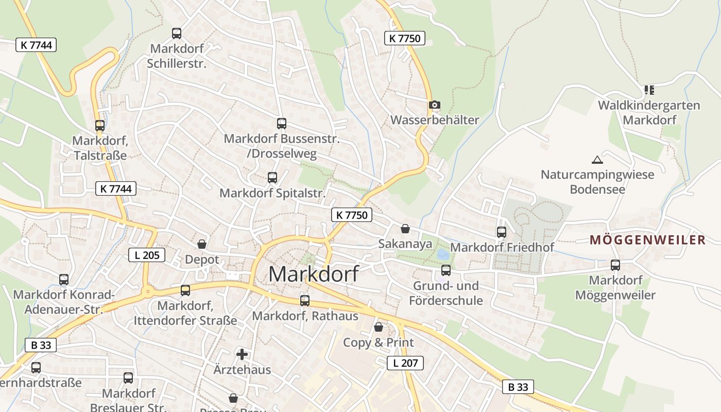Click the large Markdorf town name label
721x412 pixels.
pos(313,274)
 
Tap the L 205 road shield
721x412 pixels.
pos(147,254)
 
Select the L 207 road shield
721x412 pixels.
pos(405,363)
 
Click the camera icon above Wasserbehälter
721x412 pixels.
pos(435,105)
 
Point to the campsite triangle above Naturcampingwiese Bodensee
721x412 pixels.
pos(596,160)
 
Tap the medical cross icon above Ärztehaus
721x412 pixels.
pos(242,354)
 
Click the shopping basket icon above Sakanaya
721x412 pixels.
pos(405,229)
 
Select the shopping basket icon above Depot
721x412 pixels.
pos(202,244)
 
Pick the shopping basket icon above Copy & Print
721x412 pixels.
pos(379,327)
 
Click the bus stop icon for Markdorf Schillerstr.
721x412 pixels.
pos(177,33)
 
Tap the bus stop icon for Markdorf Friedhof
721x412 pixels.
pos(502,232)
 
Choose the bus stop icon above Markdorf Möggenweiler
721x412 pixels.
pos(615,265)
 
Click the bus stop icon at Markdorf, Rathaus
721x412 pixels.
pos(305,301)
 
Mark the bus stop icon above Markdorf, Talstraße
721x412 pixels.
pos(100,126)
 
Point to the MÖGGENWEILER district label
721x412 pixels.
pos(647,240)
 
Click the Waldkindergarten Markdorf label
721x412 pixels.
pos(649,113)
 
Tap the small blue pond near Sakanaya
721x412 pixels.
pos(442,254)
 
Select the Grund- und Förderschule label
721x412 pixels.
pos(446,293)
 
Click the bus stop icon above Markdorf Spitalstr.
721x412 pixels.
pos(272,178)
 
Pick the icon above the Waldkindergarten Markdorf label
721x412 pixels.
pos(649,90)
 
